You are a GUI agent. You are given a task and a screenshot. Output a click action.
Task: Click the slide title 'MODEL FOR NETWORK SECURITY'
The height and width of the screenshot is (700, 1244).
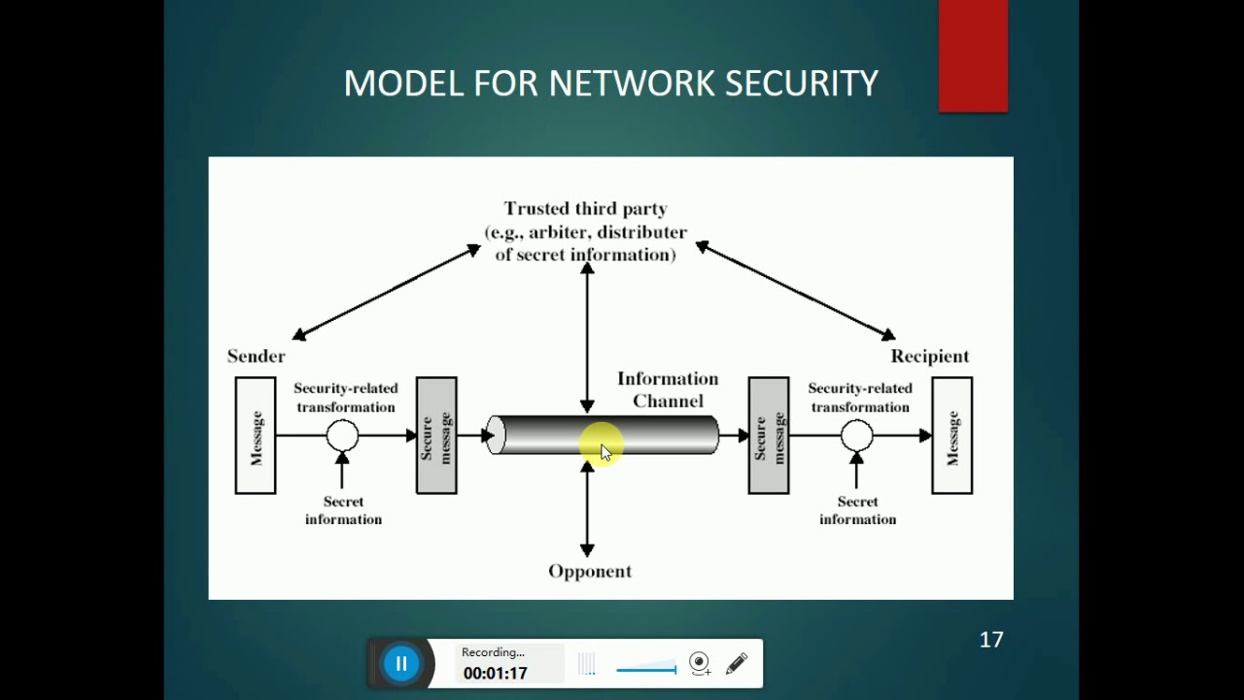610,84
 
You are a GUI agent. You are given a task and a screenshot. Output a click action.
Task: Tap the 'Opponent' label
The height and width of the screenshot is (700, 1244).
590,572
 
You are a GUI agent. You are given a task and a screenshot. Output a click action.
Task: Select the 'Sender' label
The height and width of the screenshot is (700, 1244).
256,356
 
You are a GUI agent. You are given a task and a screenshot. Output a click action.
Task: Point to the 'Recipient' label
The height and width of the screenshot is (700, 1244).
929,356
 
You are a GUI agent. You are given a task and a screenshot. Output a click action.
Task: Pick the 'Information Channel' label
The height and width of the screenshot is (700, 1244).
668,389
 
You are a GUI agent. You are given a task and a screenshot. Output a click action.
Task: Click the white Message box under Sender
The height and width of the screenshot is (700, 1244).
256,436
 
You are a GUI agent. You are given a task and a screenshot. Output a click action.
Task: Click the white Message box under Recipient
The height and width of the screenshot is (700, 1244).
951,436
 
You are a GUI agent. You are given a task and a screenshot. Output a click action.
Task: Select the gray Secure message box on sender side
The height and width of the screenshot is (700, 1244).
436,436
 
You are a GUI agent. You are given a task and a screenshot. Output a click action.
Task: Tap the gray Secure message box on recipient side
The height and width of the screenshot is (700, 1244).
768,436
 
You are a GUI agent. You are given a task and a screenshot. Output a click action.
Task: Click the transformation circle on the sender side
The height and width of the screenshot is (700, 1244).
342,436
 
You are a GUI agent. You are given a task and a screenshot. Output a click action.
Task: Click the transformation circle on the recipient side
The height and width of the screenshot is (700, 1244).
856,436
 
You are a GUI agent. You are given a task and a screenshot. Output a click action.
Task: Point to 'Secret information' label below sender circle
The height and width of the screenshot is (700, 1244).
343,510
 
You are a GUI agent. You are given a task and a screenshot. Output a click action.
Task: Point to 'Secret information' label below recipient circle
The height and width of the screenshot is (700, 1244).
857,510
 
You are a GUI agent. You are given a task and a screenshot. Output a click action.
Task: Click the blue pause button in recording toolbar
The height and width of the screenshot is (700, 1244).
400,664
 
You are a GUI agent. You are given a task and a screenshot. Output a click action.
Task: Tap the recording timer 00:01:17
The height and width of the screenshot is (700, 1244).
495,673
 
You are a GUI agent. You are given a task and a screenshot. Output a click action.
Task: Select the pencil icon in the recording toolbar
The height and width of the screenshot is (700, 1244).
737,663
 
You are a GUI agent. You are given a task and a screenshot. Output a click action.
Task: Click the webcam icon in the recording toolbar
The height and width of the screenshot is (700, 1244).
699,663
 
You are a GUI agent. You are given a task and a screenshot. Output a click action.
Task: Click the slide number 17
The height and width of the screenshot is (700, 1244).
990,640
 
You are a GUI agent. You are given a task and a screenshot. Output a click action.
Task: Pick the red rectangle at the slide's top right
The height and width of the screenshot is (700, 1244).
973,55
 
